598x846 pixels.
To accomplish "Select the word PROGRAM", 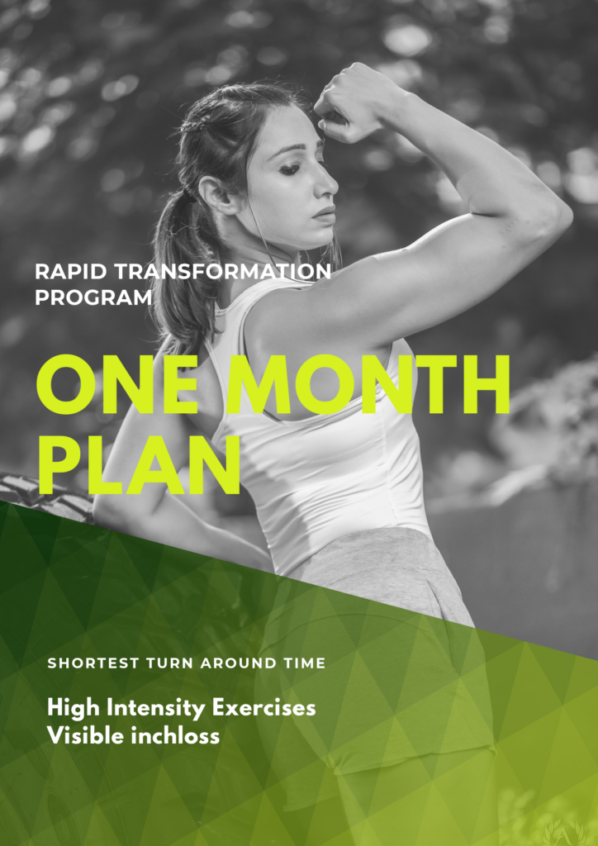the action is pyautogui.click(x=93, y=297).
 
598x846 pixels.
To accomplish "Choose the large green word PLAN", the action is pyautogui.click(x=138, y=464).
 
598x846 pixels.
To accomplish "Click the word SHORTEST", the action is pyautogui.click(x=93, y=663).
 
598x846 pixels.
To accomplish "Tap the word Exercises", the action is pyautogui.click(x=263, y=708).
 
